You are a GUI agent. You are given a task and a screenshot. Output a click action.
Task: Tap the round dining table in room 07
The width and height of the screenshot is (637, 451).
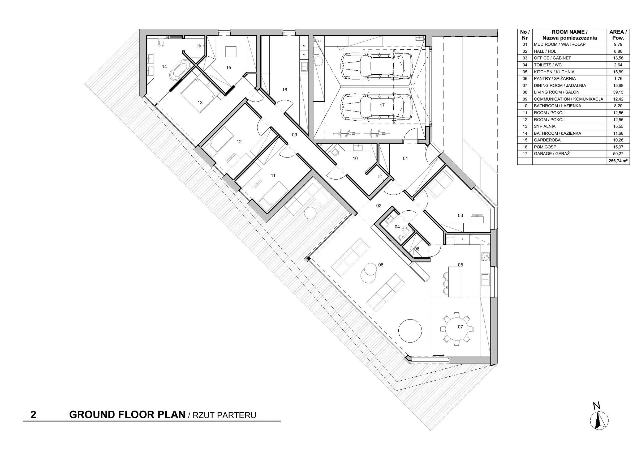coord(457,329)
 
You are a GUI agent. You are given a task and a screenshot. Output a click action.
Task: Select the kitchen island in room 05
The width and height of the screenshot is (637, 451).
coord(455,282)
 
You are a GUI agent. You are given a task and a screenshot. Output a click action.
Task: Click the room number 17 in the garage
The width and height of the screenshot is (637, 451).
coord(382,105)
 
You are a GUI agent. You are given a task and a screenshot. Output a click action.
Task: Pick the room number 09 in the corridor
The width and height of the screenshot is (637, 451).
coord(295,135)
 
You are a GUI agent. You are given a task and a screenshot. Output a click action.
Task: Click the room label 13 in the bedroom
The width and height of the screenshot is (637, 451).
coord(200,103)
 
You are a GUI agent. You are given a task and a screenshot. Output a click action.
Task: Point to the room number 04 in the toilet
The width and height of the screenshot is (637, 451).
coord(397,227)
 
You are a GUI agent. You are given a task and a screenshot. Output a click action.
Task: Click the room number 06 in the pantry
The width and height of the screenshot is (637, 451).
coord(417,249)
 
